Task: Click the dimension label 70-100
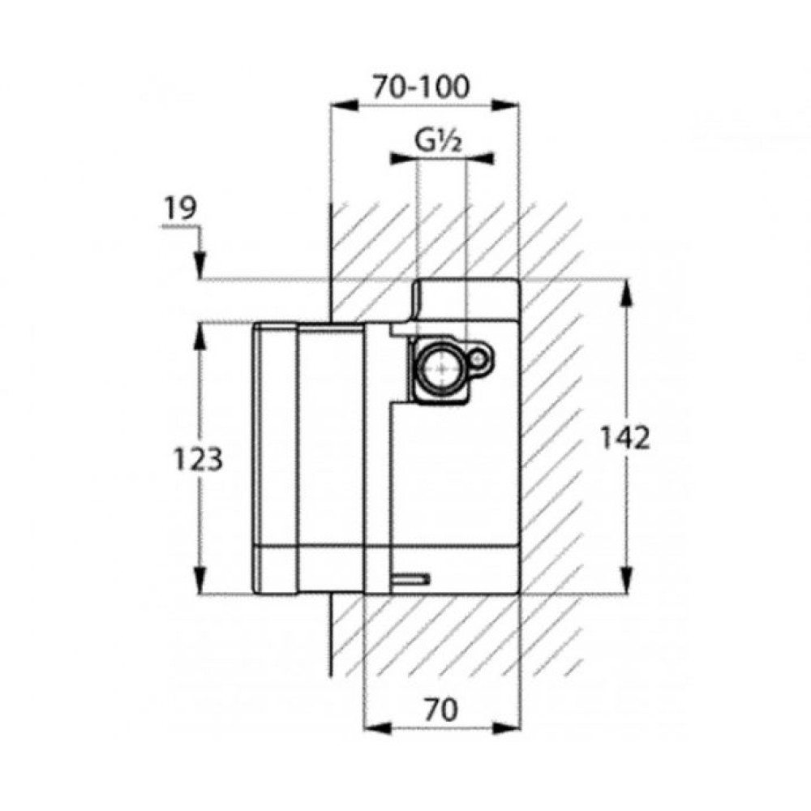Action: (422, 87)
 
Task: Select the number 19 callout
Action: (181, 208)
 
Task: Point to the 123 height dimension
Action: (198, 459)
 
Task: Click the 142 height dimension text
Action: (624, 438)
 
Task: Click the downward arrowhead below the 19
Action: (200, 266)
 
